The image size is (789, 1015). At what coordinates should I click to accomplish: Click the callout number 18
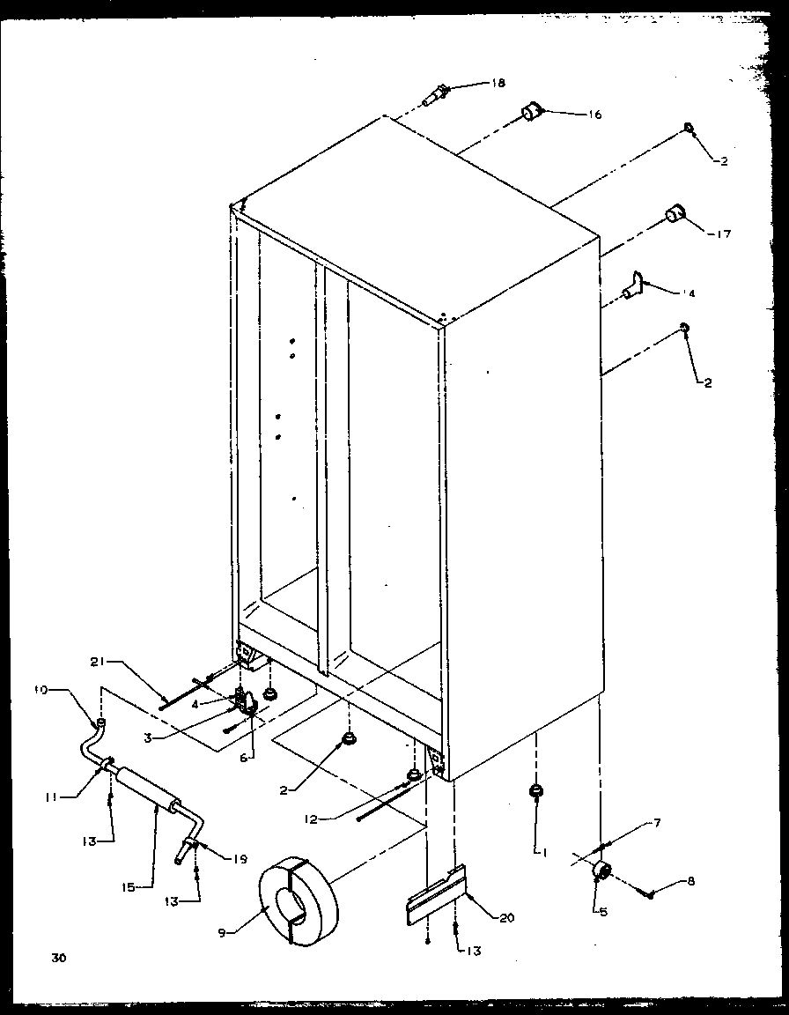click(498, 84)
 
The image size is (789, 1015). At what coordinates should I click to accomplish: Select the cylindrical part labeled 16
click(531, 113)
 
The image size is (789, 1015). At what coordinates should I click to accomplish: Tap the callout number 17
click(723, 234)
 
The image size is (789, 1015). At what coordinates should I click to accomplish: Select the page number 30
click(58, 957)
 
